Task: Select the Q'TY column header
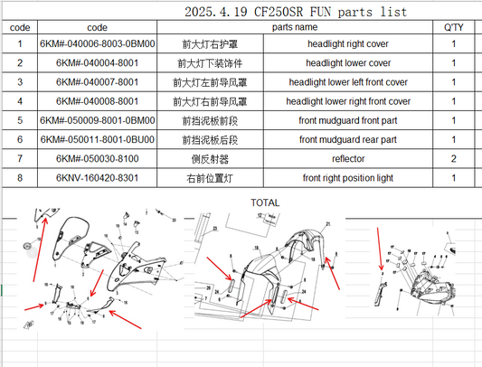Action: coord(453,28)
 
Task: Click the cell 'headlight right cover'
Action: coord(348,44)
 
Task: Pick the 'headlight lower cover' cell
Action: coord(348,63)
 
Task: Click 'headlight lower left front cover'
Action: coord(348,82)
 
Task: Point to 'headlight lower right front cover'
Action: coord(348,101)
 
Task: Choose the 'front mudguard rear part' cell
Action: coord(348,140)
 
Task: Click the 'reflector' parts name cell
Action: coord(348,159)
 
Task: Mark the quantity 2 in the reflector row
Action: coord(453,159)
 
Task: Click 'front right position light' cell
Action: coord(348,178)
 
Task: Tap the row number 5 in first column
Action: coord(19,121)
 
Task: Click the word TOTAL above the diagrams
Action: coord(265,202)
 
